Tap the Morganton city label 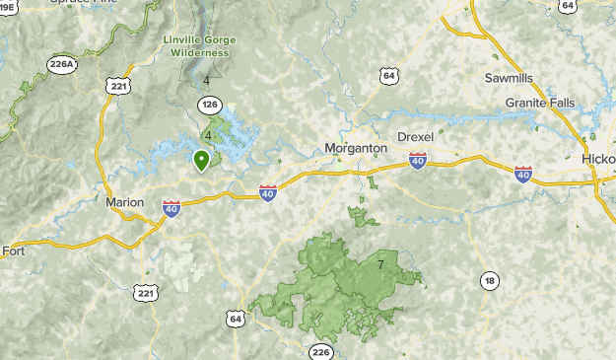click(356, 149)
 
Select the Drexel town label click(415, 136)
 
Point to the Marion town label click(124, 202)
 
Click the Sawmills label click(509, 77)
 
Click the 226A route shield click(61, 64)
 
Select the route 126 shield click(209, 104)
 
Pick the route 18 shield click(489, 281)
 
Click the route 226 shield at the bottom click(321, 351)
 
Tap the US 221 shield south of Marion click(146, 293)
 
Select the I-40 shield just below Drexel click(418, 161)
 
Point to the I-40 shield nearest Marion click(171, 208)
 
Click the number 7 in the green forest click(380, 265)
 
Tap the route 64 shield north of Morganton click(390, 75)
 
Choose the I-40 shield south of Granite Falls click(522, 175)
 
